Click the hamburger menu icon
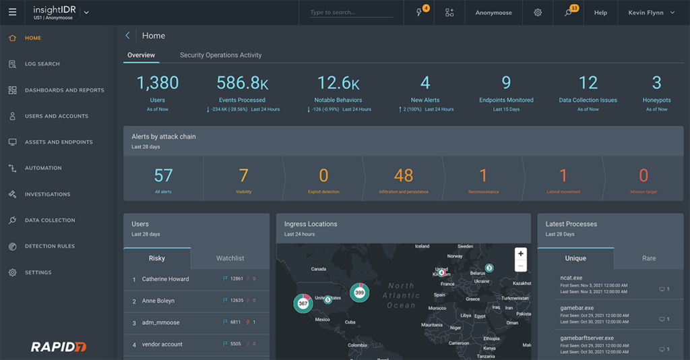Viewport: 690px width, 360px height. tap(12, 12)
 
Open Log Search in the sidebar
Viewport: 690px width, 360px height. tap(42, 64)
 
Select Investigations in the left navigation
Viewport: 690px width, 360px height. tap(47, 194)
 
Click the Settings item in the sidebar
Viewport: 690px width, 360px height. tap(38, 272)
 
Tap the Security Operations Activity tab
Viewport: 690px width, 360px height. tap(220, 55)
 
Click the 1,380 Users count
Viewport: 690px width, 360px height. tap(158, 83)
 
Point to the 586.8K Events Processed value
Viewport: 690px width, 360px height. tap(242, 83)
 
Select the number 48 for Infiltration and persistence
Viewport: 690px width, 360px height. tap(403, 175)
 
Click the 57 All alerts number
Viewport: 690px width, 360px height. tap(163, 175)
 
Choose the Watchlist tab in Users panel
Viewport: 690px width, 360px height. tap(230, 258)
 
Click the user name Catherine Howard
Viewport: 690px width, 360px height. tap(165, 279)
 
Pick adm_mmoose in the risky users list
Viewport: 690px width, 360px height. tap(160, 323)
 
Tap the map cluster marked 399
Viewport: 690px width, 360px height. tap(359, 293)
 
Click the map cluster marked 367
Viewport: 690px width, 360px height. tap(303, 303)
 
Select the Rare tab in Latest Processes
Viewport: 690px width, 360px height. tap(648, 258)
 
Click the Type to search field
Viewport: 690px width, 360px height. tap(351, 13)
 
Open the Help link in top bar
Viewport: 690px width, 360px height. tap(600, 13)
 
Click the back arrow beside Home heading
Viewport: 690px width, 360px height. tap(128, 36)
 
